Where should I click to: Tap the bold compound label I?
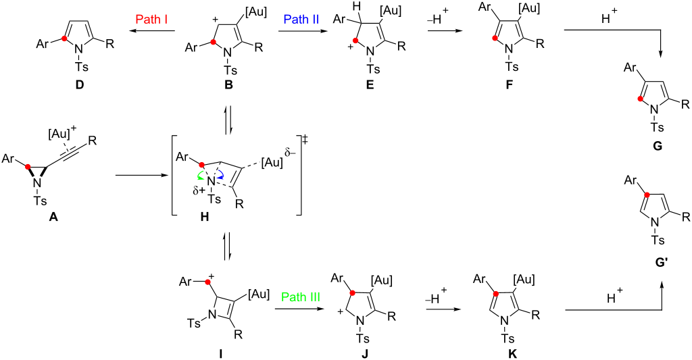(x=220, y=353)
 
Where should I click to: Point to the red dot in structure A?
(x=28, y=165)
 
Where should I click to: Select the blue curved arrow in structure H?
(x=219, y=178)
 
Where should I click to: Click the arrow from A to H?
(x=140, y=176)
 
